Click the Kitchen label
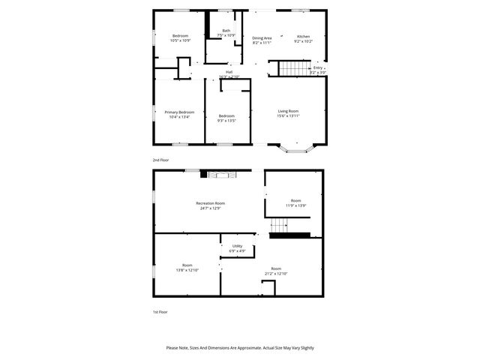point(303,37)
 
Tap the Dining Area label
point(262,37)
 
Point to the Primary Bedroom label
point(179,112)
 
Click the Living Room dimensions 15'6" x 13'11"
point(289,116)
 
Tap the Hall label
point(229,72)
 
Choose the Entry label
point(318,67)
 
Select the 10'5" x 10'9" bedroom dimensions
point(180,40)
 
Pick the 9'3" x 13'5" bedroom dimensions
point(226,120)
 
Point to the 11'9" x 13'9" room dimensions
point(296,205)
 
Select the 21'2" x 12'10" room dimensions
point(276,273)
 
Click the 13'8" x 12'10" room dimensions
point(187,270)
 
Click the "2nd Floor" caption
point(161,160)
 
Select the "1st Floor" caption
point(160,312)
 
